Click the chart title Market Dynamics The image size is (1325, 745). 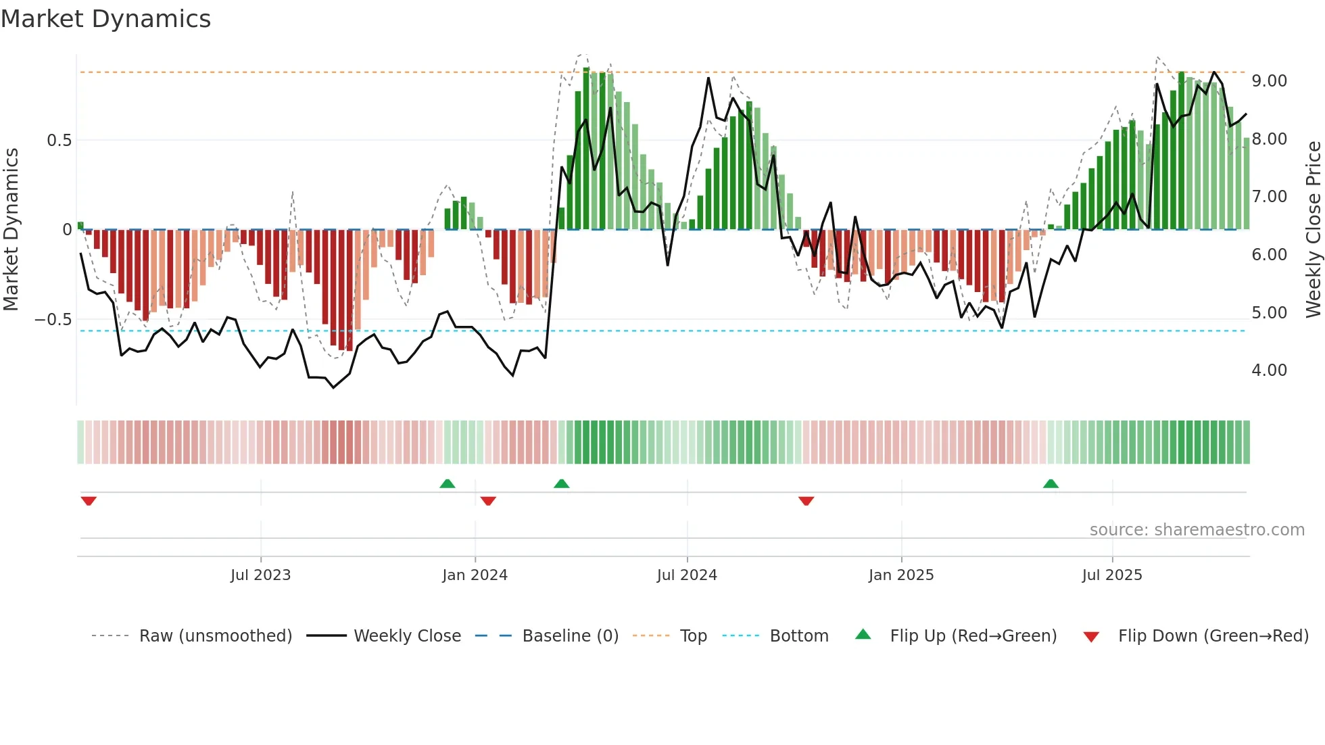point(106,19)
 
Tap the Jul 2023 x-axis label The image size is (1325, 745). point(260,575)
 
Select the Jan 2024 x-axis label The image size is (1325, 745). point(475,575)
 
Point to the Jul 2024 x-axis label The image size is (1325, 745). point(687,575)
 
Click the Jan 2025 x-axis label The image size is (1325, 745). point(901,575)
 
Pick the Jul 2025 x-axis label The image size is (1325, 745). point(1112,575)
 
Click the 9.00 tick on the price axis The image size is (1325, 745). point(1269,81)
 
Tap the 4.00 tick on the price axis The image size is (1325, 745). point(1269,370)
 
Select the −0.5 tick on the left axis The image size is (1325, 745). point(53,319)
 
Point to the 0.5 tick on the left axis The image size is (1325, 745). point(59,141)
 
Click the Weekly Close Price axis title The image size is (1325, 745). point(1313,230)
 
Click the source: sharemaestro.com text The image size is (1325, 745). point(1197,530)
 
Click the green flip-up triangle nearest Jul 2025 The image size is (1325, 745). point(1051,484)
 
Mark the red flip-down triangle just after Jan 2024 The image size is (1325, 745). point(488,501)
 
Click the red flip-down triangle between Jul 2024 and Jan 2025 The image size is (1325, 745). point(806,501)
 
